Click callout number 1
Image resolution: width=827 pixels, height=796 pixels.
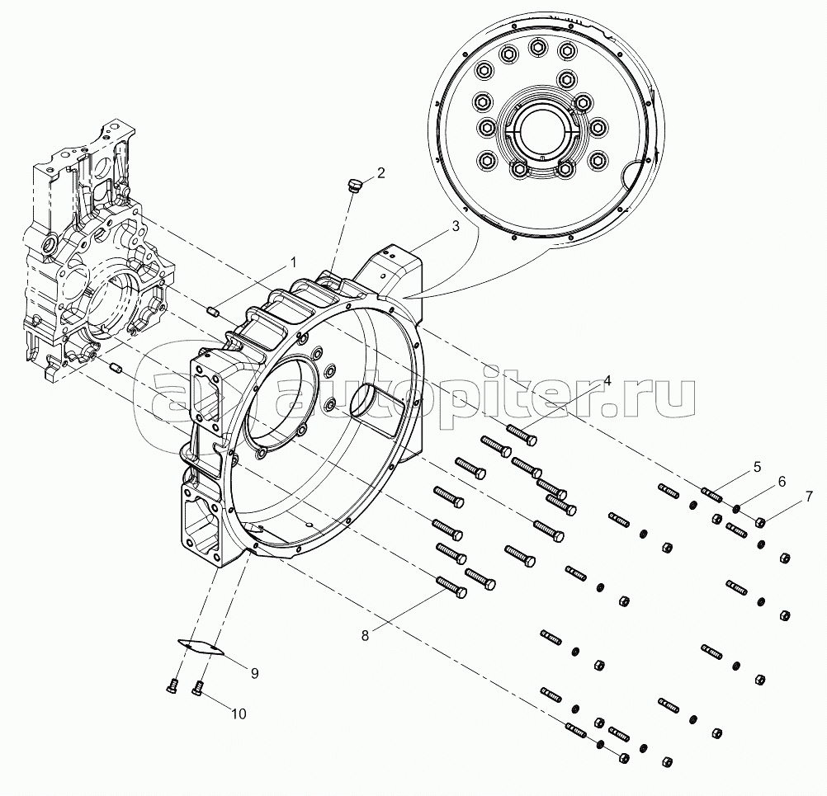294,262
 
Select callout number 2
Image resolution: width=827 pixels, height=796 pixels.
380,172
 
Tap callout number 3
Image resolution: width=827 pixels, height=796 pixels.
455,226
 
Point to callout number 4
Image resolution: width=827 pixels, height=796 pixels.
607,381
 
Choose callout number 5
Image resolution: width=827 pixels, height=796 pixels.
757,467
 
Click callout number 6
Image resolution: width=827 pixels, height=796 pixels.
782,481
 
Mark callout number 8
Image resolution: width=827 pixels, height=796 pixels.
365,636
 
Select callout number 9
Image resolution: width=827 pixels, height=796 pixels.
254,673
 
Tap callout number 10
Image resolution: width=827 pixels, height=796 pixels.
239,714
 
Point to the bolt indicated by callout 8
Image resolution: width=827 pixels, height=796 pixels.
451,587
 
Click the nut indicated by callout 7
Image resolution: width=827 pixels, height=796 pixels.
760,522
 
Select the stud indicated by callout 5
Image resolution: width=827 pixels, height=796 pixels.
711,496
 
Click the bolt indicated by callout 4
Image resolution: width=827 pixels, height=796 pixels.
522,434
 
